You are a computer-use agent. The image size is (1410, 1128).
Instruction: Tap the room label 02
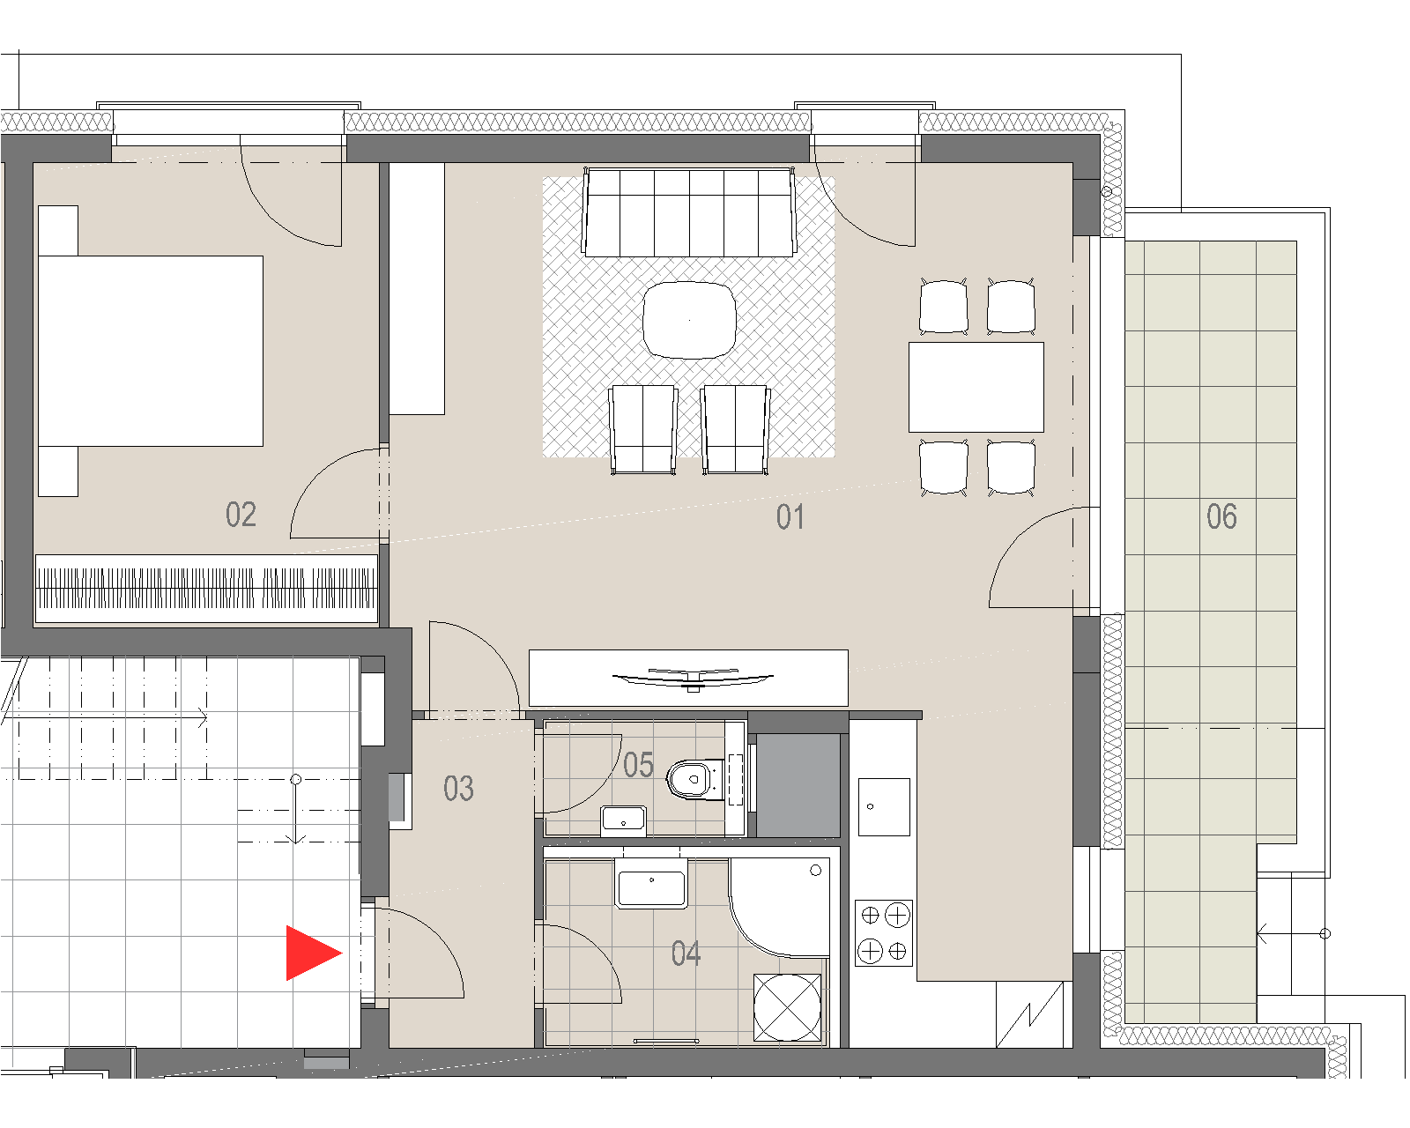[x=241, y=515]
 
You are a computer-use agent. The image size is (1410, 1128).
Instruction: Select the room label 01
[x=790, y=517]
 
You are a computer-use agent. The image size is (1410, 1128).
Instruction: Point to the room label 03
[x=458, y=789]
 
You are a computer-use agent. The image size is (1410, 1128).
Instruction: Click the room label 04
[x=686, y=954]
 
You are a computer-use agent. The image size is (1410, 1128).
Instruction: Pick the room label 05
[x=638, y=765]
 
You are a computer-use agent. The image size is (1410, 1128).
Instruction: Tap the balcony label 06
[x=1222, y=516]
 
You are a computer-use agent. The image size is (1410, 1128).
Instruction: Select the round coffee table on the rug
[x=689, y=320]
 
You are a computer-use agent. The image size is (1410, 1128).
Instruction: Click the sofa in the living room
[x=689, y=212]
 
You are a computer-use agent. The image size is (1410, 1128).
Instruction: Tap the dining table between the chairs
[x=976, y=388]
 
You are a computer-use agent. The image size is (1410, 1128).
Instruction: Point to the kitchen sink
[x=884, y=807]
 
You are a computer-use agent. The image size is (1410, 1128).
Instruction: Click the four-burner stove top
[x=884, y=932]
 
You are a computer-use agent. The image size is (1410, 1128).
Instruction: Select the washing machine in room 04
[x=787, y=1007]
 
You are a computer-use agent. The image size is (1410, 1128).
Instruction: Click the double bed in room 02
[x=151, y=352]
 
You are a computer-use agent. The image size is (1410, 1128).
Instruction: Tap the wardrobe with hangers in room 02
[x=206, y=589]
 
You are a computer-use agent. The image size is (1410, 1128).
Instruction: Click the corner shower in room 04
[x=780, y=907]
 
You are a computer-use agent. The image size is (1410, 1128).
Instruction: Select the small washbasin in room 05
[x=624, y=820]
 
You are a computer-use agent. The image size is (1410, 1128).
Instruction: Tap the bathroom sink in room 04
[x=650, y=884]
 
